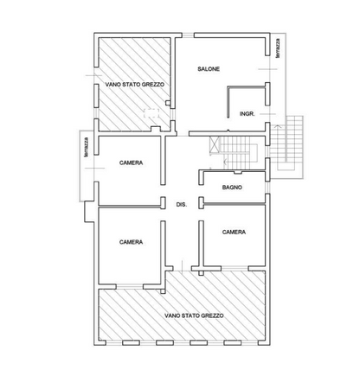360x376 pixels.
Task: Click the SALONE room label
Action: coord(209,69)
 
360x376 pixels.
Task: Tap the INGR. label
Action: coord(247,114)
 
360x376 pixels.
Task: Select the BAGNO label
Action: coord(232,188)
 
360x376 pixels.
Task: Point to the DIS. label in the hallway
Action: coord(182,205)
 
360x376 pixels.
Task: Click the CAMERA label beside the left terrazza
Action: coord(131,163)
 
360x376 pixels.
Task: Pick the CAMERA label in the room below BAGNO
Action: coord(234,232)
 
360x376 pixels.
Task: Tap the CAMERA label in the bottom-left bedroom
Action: coord(131,242)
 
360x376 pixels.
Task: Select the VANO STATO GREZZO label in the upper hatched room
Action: coord(135,85)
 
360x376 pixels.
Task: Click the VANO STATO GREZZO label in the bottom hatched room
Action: coord(194,315)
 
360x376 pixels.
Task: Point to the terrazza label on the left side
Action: coord(86,147)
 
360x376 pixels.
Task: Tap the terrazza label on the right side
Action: coord(278,48)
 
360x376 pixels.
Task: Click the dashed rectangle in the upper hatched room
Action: coord(151,113)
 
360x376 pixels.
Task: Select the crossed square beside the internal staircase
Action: coord(215,143)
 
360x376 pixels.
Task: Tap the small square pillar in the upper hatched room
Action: coord(168,103)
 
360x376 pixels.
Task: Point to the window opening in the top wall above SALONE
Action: coord(188,35)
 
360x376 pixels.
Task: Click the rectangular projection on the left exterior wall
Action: coord(89,212)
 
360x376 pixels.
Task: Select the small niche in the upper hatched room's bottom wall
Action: coord(156,129)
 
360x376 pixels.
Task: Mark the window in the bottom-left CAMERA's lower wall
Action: coord(130,287)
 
